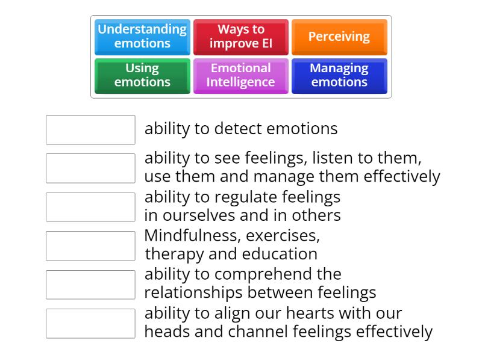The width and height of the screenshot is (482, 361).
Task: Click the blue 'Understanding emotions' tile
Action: [142, 37]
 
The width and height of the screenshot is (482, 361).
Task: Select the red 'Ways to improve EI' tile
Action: [241, 37]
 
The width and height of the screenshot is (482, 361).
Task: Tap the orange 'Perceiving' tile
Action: [339, 37]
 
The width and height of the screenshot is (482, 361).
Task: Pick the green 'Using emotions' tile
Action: [142, 75]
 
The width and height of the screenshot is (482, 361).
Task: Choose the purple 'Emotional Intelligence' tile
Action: [241, 75]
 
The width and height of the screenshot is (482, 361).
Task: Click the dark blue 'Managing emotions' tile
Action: [339, 75]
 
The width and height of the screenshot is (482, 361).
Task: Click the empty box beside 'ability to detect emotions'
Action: [90, 130]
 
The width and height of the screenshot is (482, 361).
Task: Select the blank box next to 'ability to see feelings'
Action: [90, 168]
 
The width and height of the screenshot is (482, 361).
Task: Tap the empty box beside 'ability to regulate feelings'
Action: [90, 207]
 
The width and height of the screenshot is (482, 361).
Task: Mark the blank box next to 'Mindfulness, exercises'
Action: [90, 245]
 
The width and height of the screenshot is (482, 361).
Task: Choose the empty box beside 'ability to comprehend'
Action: [90, 285]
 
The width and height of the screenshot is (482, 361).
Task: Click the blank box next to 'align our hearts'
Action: [90, 323]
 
